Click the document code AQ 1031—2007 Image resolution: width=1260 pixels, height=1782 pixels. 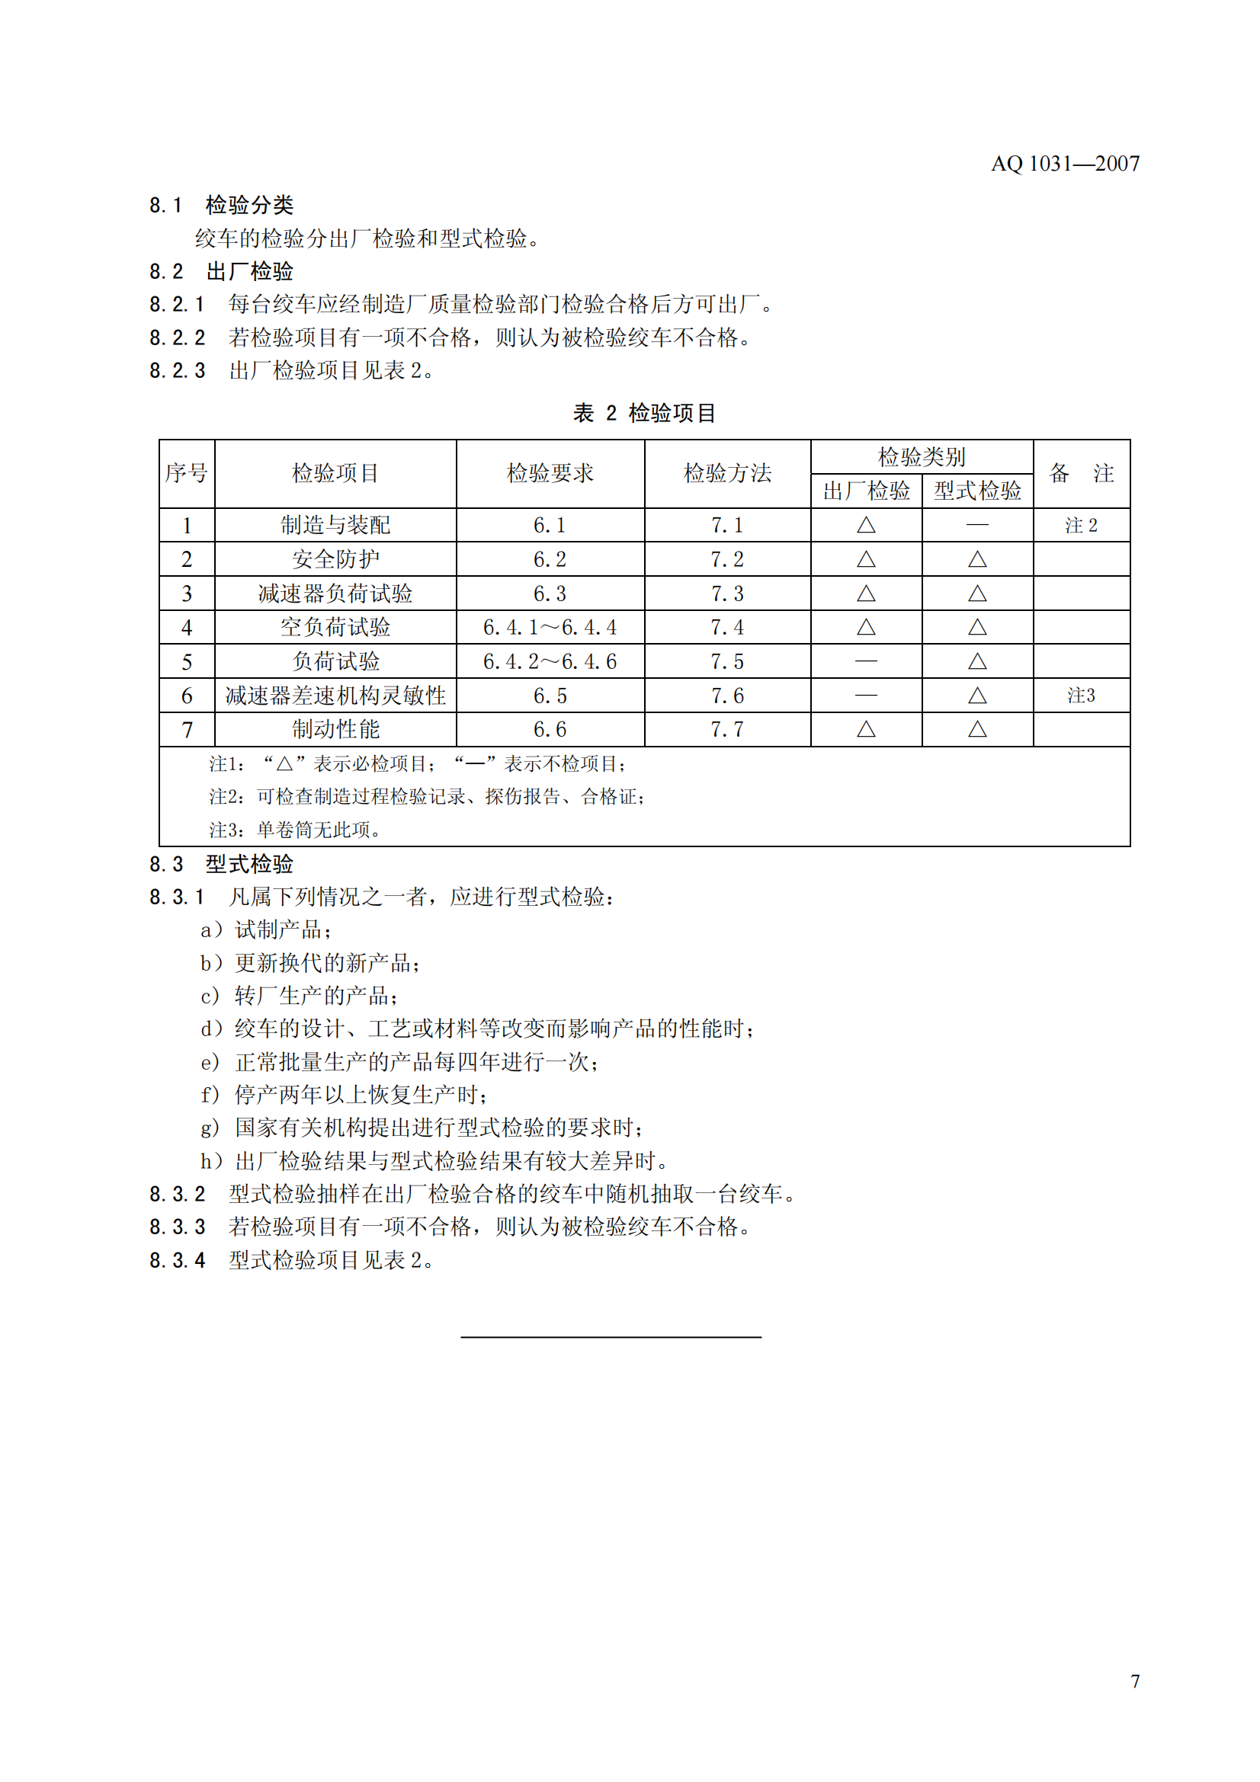click(1064, 164)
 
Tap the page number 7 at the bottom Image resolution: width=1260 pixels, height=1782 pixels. click(1135, 1681)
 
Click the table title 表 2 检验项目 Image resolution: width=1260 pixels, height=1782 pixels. click(643, 413)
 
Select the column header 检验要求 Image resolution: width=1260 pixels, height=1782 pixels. click(550, 473)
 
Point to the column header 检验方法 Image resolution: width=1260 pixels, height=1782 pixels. click(726, 473)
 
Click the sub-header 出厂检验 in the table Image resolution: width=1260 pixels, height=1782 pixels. click(866, 491)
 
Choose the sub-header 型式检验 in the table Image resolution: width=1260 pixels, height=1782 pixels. click(976, 491)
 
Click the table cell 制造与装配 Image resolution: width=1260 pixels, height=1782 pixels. click(335, 526)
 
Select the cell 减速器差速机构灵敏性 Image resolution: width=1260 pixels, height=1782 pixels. click(335, 696)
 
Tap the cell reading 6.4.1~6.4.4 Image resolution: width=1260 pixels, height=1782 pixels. click(550, 628)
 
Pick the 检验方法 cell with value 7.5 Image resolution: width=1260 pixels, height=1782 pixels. click(726, 662)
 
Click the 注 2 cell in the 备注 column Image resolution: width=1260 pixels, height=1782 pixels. click(1081, 526)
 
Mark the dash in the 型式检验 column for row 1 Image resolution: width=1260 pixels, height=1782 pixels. click(976, 526)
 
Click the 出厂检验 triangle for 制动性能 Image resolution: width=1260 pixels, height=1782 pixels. click(866, 730)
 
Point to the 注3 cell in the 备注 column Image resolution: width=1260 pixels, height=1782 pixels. click(1081, 696)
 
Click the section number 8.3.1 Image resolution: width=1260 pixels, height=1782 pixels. click(177, 898)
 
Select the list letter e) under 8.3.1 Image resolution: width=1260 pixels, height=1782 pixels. click(210, 1063)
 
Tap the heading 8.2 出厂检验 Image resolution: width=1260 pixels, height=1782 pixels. click(221, 272)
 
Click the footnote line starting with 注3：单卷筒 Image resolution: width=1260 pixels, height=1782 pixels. click(295, 830)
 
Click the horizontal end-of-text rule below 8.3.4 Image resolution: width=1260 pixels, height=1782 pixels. click(611, 1337)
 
